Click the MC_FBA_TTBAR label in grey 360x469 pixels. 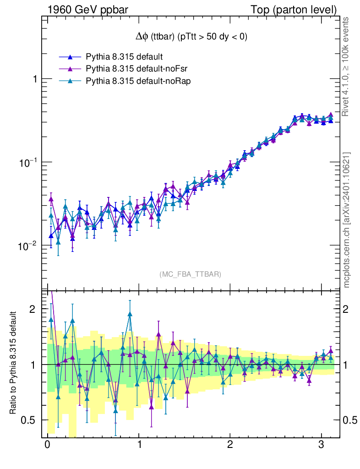191,274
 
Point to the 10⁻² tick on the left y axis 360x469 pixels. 29,247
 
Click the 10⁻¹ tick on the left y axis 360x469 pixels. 29,163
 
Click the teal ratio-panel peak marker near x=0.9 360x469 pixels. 130,314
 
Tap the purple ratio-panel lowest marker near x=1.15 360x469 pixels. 151,406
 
